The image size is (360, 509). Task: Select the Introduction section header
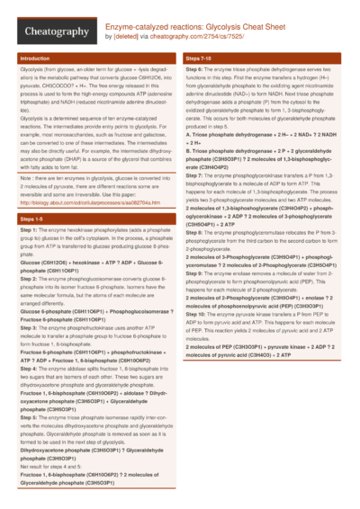35,58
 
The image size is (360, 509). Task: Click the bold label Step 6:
195,69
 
